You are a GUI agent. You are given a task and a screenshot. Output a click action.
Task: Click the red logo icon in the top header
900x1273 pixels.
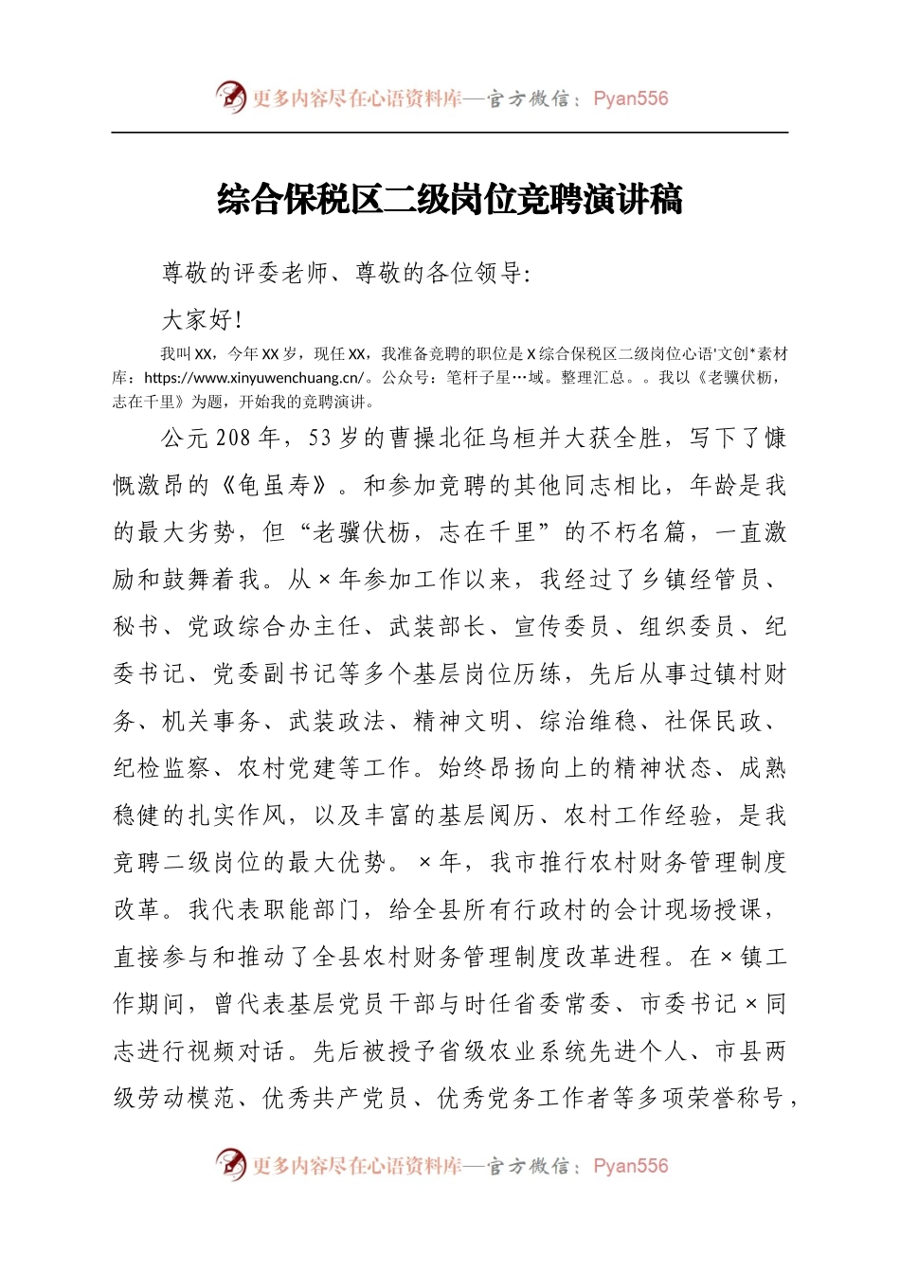pos(230,97)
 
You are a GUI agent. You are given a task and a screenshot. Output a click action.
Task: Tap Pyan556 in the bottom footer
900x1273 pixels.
pos(630,1166)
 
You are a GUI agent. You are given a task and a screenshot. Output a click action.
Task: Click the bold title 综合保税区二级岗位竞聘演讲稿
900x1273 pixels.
pos(450,200)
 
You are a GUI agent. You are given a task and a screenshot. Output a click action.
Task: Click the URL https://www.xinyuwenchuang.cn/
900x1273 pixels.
pos(254,378)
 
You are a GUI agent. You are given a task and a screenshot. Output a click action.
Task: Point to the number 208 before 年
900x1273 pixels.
pos(234,439)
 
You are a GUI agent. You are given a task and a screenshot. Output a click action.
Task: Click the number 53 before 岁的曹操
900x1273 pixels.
pos(320,439)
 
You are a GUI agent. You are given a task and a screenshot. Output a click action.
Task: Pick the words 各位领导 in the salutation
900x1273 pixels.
pos(474,274)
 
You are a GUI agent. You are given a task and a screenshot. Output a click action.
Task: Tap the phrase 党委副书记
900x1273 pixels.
pos(275,674)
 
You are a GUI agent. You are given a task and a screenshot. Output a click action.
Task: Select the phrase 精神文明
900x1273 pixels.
pos(462,722)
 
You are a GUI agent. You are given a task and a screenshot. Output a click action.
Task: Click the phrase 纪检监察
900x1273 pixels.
pos(162,768)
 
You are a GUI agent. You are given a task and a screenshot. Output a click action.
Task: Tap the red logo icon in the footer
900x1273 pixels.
pos(230,1164)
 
